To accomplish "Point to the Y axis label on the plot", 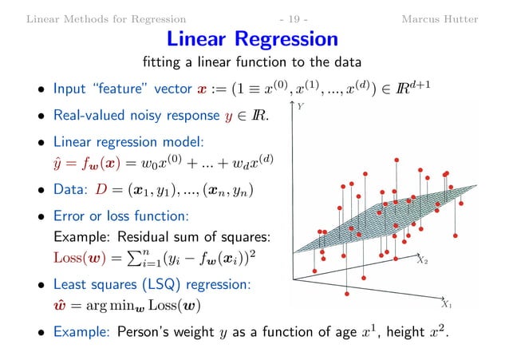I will tap(299, 105).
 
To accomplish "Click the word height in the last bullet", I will tap(404, 332).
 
